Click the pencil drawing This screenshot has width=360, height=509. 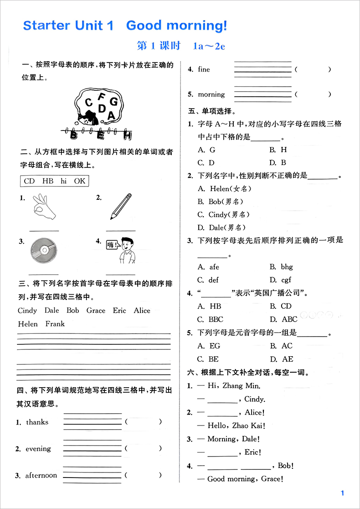pos(120,208)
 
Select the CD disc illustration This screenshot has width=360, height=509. pos(44,252)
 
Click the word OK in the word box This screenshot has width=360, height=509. pos(79,181)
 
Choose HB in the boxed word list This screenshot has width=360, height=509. pos(48,181)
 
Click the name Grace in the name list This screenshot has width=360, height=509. pos(96,311)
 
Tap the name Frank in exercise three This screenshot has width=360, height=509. pos(55,324)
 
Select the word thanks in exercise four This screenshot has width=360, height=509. pos(37,422)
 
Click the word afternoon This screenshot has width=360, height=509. pos(41,475)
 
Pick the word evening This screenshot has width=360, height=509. pos(38,449)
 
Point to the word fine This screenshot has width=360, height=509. pos(204,69)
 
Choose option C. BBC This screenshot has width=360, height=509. pos(210,319)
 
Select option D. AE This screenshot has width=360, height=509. pos(281,359)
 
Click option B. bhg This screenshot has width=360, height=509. pos(281,267)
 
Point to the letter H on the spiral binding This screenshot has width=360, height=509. pos(128,135)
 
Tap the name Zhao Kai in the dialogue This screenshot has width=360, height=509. pos(249,426)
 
